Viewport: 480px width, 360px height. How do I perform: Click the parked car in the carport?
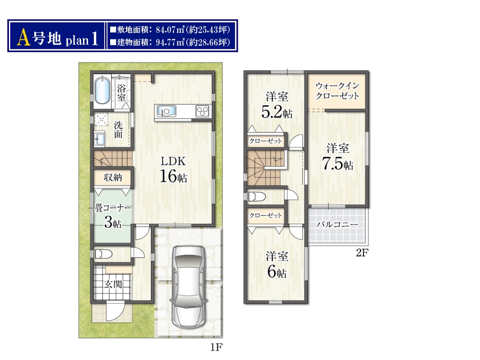click(x=188, y=286)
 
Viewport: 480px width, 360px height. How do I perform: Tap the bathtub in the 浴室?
click(x=102, y=90)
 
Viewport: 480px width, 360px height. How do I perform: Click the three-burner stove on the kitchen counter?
click(x=202, y=111)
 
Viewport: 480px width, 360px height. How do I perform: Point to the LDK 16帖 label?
click(x=173, y=170)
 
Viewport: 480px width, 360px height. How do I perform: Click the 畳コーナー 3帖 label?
click(x=112, y=216)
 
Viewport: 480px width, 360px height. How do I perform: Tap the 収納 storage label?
click(x=113, y=177)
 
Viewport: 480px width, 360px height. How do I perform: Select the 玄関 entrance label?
click(x=113, y=284)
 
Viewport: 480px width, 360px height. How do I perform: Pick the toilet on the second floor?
click(x=257, y=196)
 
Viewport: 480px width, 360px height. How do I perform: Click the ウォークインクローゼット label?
click(x=337, y=91)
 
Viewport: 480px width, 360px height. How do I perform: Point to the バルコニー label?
click(x=337, y=225)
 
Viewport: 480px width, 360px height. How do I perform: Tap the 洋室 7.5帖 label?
click(x=337, y=157)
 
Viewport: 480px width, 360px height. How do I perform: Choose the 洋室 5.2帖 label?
click(x=277, y=105)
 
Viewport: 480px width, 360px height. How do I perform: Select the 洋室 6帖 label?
click(x=277, y=264)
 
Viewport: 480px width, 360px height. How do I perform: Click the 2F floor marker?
click(x=362, y=253)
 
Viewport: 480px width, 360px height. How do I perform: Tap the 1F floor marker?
click(x=216, y=347)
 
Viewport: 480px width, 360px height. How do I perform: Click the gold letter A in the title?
click(x=24, y=38)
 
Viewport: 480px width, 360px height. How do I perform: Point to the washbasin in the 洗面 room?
click(x=100, y=139)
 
